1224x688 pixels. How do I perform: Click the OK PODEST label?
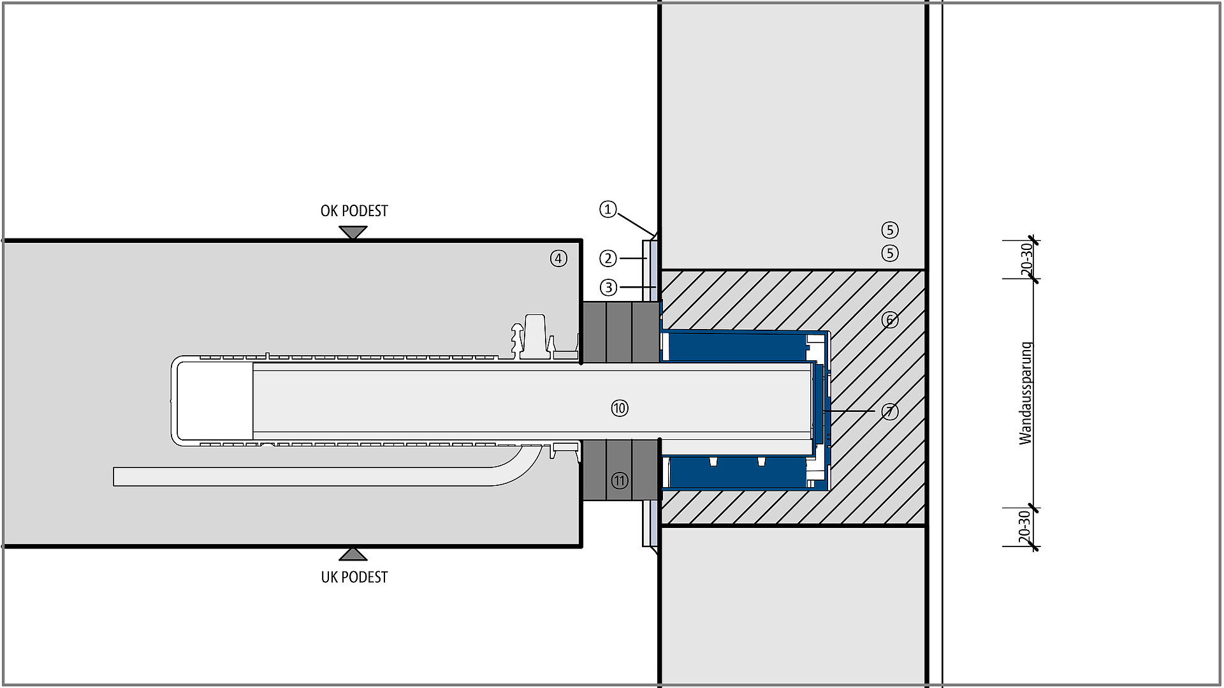[x=354, y=211]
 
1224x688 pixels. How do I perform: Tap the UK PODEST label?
[x=354, y=577]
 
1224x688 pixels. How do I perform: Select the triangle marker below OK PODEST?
[x=353, y=232]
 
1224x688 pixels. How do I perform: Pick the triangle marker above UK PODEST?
[x=353, y=553]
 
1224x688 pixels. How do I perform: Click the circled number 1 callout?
[x=608, y=209]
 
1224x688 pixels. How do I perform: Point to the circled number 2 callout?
[x=608, y=258]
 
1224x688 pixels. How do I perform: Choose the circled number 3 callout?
[x=608, y=288]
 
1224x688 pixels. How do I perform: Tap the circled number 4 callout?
[x=558, y=258]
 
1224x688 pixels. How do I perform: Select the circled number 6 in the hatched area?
[x=890, y=319]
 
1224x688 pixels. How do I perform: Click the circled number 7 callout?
[x=890, y=412]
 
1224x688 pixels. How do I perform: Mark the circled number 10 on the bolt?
[x=620, y=408]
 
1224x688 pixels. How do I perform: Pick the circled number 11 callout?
[x=620, y=480]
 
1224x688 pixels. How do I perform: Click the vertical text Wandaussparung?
[x=1025, y=393]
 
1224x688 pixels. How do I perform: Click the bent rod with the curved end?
[x=306, y=476]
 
